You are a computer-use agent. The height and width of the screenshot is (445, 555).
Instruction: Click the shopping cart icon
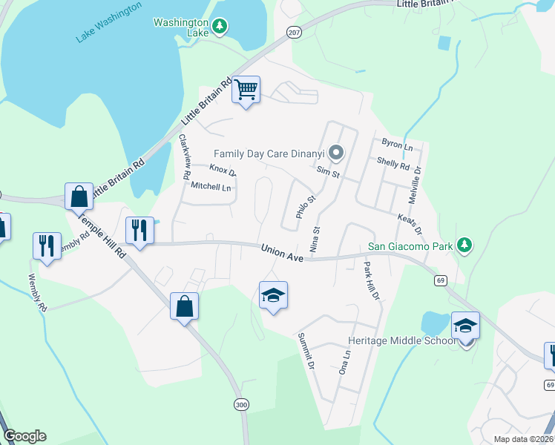[246, 90]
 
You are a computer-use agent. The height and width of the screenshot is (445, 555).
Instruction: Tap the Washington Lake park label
[181, 27]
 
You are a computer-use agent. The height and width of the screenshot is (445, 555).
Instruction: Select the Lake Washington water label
[109, 22]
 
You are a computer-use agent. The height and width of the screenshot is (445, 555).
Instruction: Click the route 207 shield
[294, 33]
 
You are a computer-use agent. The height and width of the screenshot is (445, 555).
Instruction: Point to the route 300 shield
[240, 405]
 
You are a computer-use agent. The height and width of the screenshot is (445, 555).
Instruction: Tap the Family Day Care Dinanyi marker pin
[336, 154]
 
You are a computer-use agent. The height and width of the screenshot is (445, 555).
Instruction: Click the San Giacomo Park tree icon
[464, 245]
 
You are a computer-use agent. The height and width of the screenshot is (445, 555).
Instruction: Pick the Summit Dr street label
[306, 352]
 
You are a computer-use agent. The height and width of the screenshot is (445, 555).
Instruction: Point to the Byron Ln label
[397, 145]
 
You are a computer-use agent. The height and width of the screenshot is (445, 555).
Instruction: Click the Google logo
[24, 436]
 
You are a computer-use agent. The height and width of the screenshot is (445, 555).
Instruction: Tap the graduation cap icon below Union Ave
[273, 296]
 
